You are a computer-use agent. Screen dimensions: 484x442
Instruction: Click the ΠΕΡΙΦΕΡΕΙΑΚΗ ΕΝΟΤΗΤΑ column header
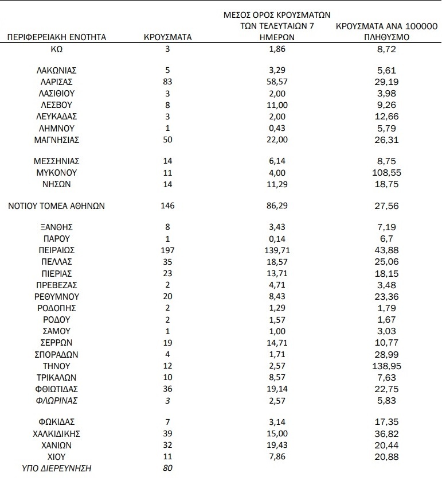(x=56, y=37)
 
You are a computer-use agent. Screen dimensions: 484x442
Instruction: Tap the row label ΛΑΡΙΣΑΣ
(x=56, y=82)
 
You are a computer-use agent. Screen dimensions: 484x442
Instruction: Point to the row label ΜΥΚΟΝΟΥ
(x=56, y=172)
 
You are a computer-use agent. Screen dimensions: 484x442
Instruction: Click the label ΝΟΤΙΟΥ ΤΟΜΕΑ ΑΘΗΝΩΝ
(x=56, y=206)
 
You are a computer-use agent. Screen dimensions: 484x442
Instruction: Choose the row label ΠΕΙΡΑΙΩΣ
(x=56, y=250)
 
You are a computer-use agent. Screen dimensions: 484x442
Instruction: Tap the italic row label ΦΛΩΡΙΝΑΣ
(x=56, y=400)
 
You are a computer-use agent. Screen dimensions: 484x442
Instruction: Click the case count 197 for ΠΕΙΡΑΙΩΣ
(x=168, y=250)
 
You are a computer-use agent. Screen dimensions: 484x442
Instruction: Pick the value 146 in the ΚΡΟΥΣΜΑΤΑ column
(x=168, y=206)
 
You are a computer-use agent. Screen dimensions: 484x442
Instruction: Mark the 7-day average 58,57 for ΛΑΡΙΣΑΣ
(x=278, y=82)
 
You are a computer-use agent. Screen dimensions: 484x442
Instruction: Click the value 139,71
(x=278, y=250)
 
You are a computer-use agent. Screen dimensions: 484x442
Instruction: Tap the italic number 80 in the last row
(x=168, y=468)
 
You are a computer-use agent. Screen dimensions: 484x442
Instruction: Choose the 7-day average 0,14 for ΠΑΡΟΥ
(x=278, y=239)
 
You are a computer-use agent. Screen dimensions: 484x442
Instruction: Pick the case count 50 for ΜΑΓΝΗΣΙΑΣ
(x=168, y=140)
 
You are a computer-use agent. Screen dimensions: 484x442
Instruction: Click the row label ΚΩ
(x=56, y=49)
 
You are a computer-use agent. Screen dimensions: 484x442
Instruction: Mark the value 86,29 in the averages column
(x=278, y=206)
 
